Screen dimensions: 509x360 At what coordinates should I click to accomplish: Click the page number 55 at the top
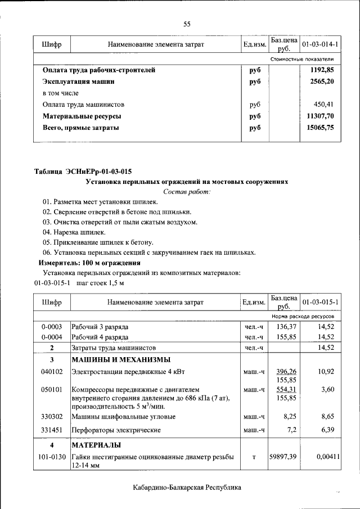(x=187, y=24)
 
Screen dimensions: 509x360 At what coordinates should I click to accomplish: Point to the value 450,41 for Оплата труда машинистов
(x=325, y=105)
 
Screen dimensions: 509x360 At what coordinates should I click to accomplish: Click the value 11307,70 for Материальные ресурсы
(x=321, y=116)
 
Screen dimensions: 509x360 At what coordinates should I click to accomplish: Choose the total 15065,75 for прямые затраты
(x=321, y=128)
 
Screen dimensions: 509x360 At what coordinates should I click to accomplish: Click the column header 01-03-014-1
(x=319, y=44)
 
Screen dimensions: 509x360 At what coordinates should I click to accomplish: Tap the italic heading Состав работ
(x=187, y=192)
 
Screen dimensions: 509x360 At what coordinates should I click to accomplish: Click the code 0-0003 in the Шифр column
(x=51, y=327)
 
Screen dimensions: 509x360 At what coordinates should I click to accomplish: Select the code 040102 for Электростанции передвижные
(x=51, y=372)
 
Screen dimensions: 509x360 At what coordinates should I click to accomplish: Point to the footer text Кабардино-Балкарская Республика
(x=187, y=487)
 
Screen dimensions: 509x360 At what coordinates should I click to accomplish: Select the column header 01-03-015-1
(x=320, y=302)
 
